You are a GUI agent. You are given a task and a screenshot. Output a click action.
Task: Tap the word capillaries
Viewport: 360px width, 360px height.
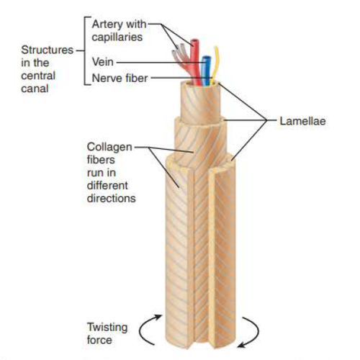(117, 37)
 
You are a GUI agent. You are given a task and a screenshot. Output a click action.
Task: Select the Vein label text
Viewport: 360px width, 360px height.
(103, 62)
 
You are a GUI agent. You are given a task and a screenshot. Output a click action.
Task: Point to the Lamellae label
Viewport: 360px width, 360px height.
(302, 121)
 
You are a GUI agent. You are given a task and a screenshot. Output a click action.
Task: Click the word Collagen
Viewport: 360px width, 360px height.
(109, 147)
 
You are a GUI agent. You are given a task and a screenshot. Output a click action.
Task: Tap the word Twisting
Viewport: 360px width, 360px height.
(107, 328)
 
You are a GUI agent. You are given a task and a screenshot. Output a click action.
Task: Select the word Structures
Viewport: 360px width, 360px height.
(48, 50)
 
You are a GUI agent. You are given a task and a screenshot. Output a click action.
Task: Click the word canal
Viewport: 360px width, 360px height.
(35, 89)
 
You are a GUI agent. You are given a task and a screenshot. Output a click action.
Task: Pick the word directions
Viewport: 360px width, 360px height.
(112, 199)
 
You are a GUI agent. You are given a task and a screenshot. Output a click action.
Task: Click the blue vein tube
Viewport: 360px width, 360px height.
(206, 71)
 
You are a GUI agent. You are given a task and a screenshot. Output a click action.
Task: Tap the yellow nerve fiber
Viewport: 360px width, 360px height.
(215, 66)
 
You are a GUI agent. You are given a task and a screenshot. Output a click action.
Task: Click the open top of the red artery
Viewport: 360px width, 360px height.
(194, 41)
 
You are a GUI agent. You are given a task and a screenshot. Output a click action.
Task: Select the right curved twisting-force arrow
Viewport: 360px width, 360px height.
(257, 331)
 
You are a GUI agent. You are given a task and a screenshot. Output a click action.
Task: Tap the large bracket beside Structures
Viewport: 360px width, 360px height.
(85, 51)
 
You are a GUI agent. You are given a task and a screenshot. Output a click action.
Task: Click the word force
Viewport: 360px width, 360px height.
(99, 340)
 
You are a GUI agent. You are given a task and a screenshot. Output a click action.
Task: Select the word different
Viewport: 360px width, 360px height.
(107, 186)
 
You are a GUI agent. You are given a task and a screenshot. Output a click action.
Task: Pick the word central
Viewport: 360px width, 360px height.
(38, 76)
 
